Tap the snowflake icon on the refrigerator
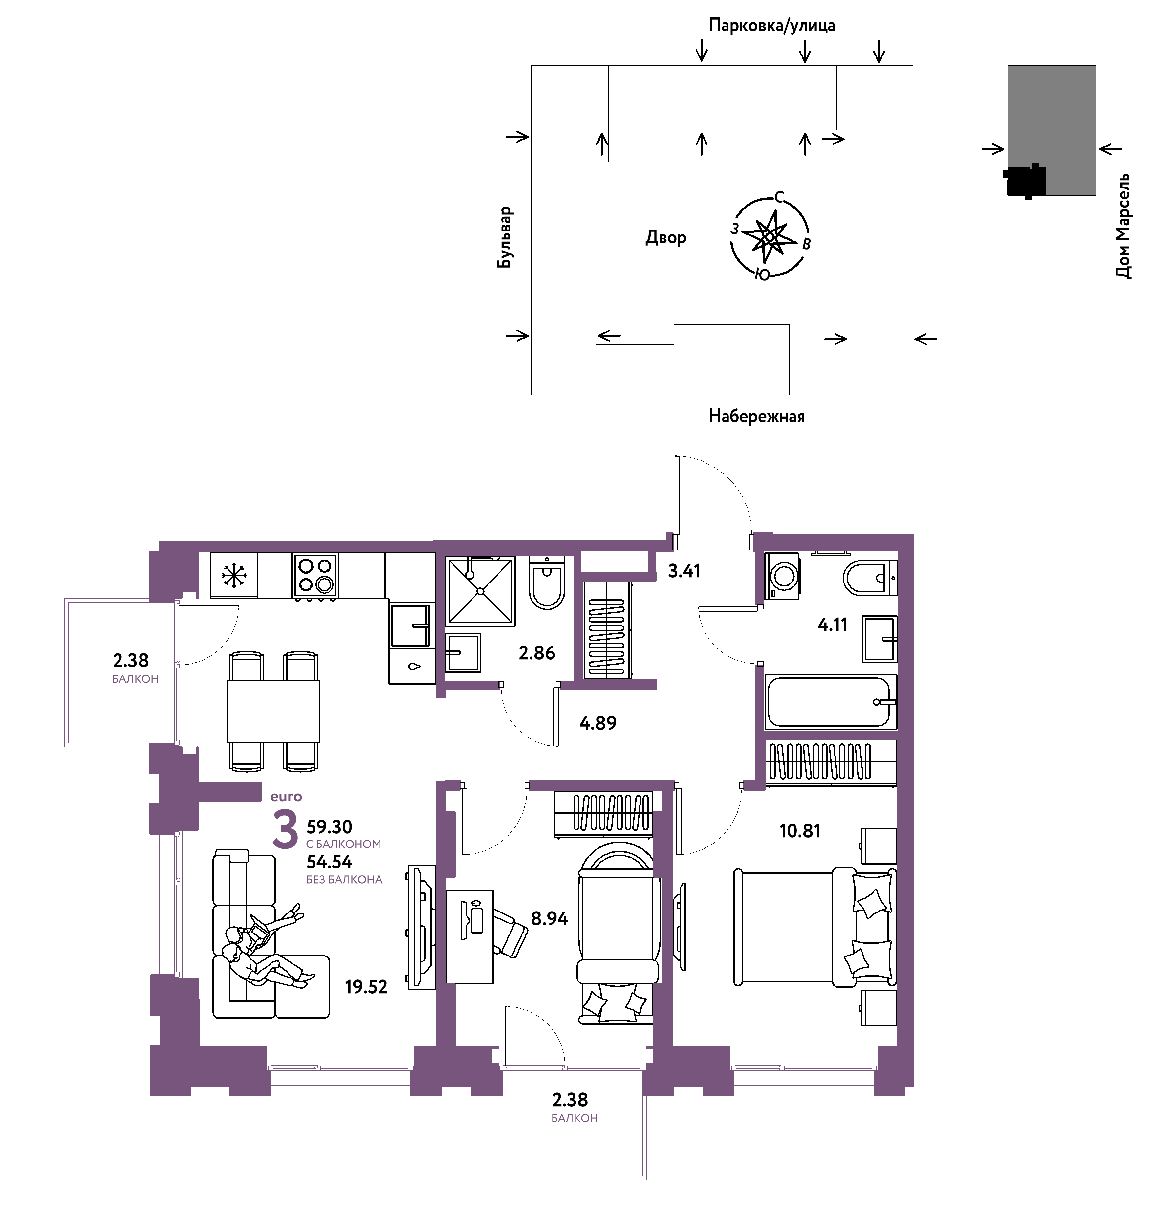(234, 575)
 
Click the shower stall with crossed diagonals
(480, 591)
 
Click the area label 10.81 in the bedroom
(800, 831)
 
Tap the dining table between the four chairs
(273, 712)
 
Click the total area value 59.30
(329, 827)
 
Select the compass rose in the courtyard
(770, 236)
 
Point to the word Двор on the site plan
(666, 237)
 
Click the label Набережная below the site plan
(757, 416)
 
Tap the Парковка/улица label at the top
(772, 25)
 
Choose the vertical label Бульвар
(505, 237)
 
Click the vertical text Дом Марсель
(1123, 226)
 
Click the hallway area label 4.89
(598, 723)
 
